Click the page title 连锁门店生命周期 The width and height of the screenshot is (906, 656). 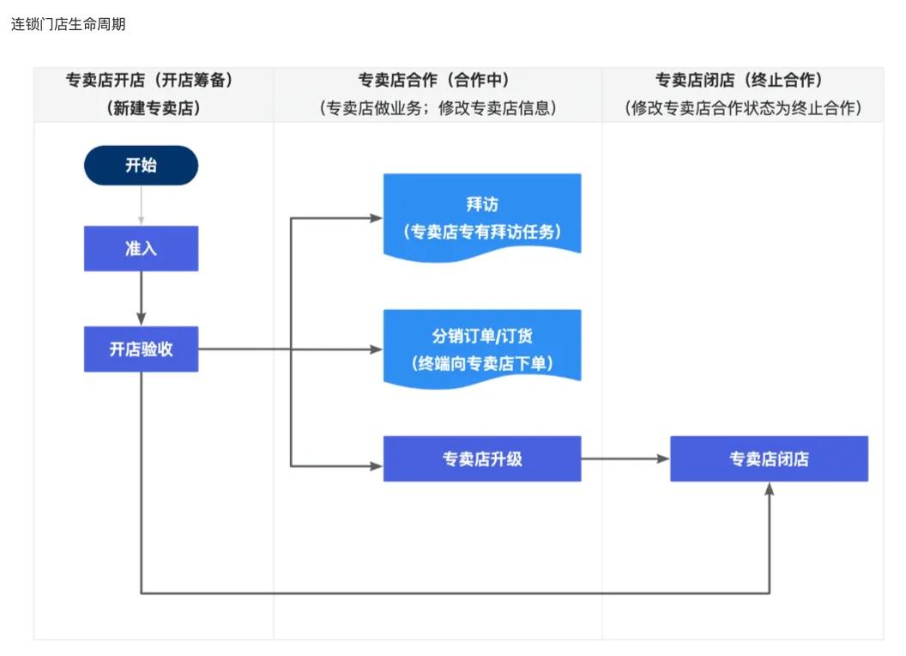pyautogui.click(x=69, y=24)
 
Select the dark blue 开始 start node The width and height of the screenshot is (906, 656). pyautogui.click(x=141, y=166)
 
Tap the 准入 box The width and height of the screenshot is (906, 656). pyautogui.click(x=141, y=249)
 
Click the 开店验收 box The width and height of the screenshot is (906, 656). pyautogui.click(x=141, y=349)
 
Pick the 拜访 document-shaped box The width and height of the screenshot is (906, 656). pyautogui.click(x=481, y=216)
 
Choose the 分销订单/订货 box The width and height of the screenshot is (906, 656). pyautogui.click(x=481, y=347)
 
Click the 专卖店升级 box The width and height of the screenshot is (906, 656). pyautogui.click(x=481, y=459)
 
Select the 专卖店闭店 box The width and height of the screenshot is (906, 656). pyautogui.click(x=769, y=459)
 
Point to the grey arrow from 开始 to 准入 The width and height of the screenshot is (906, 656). pyautogui.click(x=141, y=206)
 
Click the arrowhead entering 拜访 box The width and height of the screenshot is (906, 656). pyautogui.click(x=377, y=218)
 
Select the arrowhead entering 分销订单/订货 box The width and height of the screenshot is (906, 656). pyautogui.click(x=377, y=349)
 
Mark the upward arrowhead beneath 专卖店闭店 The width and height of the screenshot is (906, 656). pyautogui.click(x=769, y=489)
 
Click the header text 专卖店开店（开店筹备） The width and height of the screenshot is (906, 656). pyautogui.click(x=150, y=80)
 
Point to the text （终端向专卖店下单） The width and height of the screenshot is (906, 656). pyautogui.click(x=481, y=362)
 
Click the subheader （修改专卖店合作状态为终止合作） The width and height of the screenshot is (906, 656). pyautogui.click(x=743, y=108)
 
